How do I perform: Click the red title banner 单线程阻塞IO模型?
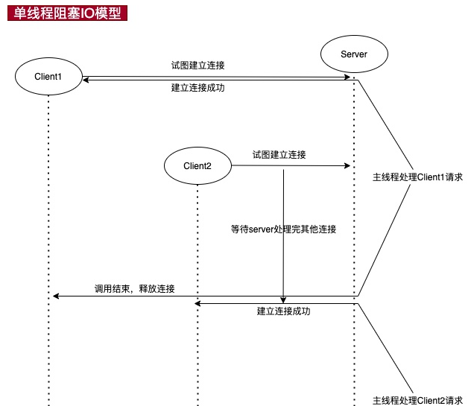[66, 14]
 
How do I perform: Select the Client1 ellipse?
[48, 75]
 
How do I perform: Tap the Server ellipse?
[353, 54]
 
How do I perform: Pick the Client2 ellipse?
[197, 166]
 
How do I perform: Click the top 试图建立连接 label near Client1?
[198, 66]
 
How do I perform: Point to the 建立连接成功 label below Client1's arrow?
[198, 88]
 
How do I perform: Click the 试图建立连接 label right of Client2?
[279, 155]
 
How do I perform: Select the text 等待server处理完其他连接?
[284, 229]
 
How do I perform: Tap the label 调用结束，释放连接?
[135, 289]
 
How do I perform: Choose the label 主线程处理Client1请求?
[418, 178]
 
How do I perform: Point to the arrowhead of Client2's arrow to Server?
[347, 166]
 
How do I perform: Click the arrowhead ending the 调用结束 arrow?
[55, 296]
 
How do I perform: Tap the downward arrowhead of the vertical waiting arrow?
[283, 299]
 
